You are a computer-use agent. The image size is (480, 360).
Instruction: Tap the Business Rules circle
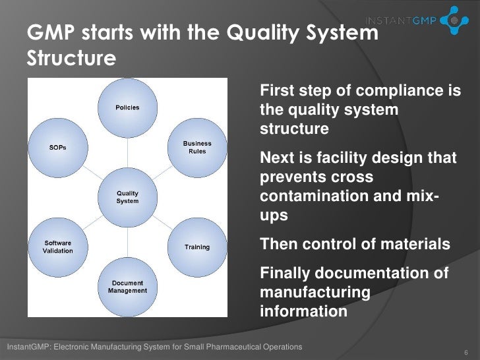tap(197, 147)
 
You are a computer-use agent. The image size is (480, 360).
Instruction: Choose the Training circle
tap(197, 247)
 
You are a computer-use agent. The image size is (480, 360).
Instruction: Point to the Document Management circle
tap(127, 286)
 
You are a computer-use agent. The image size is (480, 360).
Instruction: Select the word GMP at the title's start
tap(47, 31)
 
